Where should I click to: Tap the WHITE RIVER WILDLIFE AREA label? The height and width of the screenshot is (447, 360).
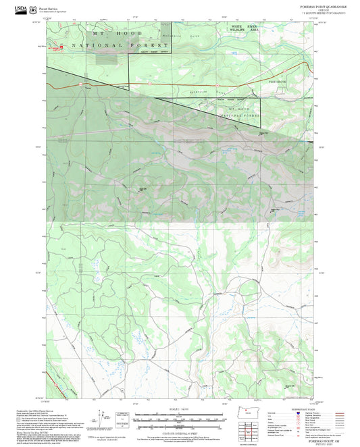pyautogui.click(x=245, y=29)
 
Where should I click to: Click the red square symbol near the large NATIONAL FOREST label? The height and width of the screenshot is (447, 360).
pyautogui.click(x=61, y=47)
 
